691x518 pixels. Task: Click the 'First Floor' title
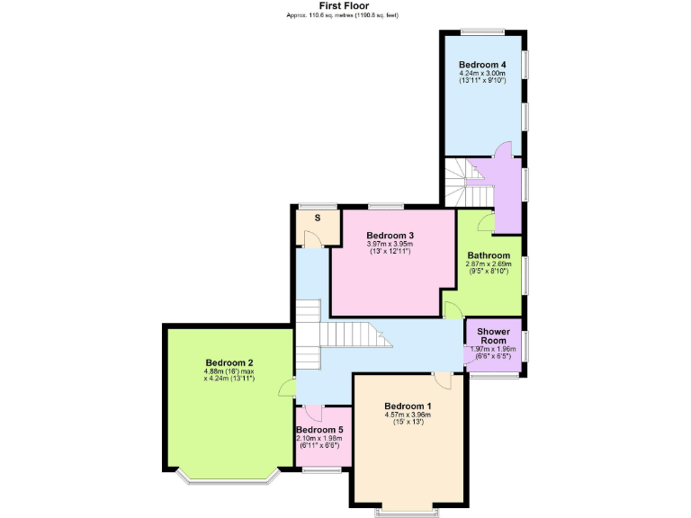click(345, 5)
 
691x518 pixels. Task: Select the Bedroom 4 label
click(482, 65)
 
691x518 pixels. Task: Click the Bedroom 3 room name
click(390, 236)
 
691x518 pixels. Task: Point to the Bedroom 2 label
click(229, 362)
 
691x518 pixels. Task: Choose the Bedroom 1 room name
click(408, 406)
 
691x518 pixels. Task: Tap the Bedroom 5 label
click(319, 430)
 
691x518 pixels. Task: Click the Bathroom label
click(489, 255)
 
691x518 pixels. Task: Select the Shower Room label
click(493, 336)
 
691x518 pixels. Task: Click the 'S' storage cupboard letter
click(317, 218)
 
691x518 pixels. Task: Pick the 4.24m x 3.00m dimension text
click(482, 74)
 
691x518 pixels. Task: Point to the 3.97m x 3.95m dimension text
click(390, 244)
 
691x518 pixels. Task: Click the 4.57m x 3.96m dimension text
click(408, 415)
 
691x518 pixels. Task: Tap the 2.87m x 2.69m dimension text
click(489, 264)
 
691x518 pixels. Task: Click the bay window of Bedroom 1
click(408, 511)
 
